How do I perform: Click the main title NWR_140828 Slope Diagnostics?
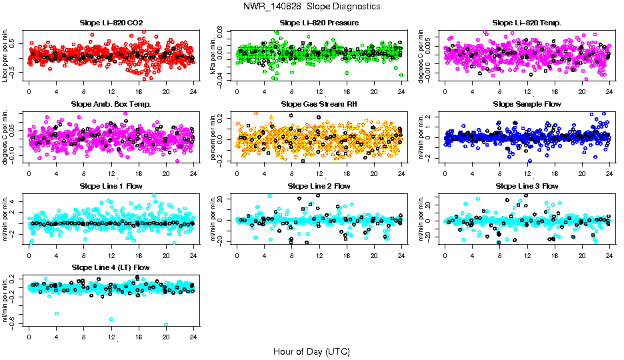(312, 6)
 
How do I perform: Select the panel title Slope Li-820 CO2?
(111, 23)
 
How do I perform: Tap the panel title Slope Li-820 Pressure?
(319, 23)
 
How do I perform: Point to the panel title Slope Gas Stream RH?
(319, 104)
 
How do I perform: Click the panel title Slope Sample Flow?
(527, 104)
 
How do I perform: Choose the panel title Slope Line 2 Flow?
(319, 186)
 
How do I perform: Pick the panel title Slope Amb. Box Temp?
(111, 104)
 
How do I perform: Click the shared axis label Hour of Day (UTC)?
(311, 351)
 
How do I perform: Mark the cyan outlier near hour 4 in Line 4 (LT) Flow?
(57, 313)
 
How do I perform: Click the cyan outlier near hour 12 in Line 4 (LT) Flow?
(111, 321)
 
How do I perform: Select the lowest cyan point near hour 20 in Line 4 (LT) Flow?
(166, 325)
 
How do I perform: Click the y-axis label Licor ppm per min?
(5, 53)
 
